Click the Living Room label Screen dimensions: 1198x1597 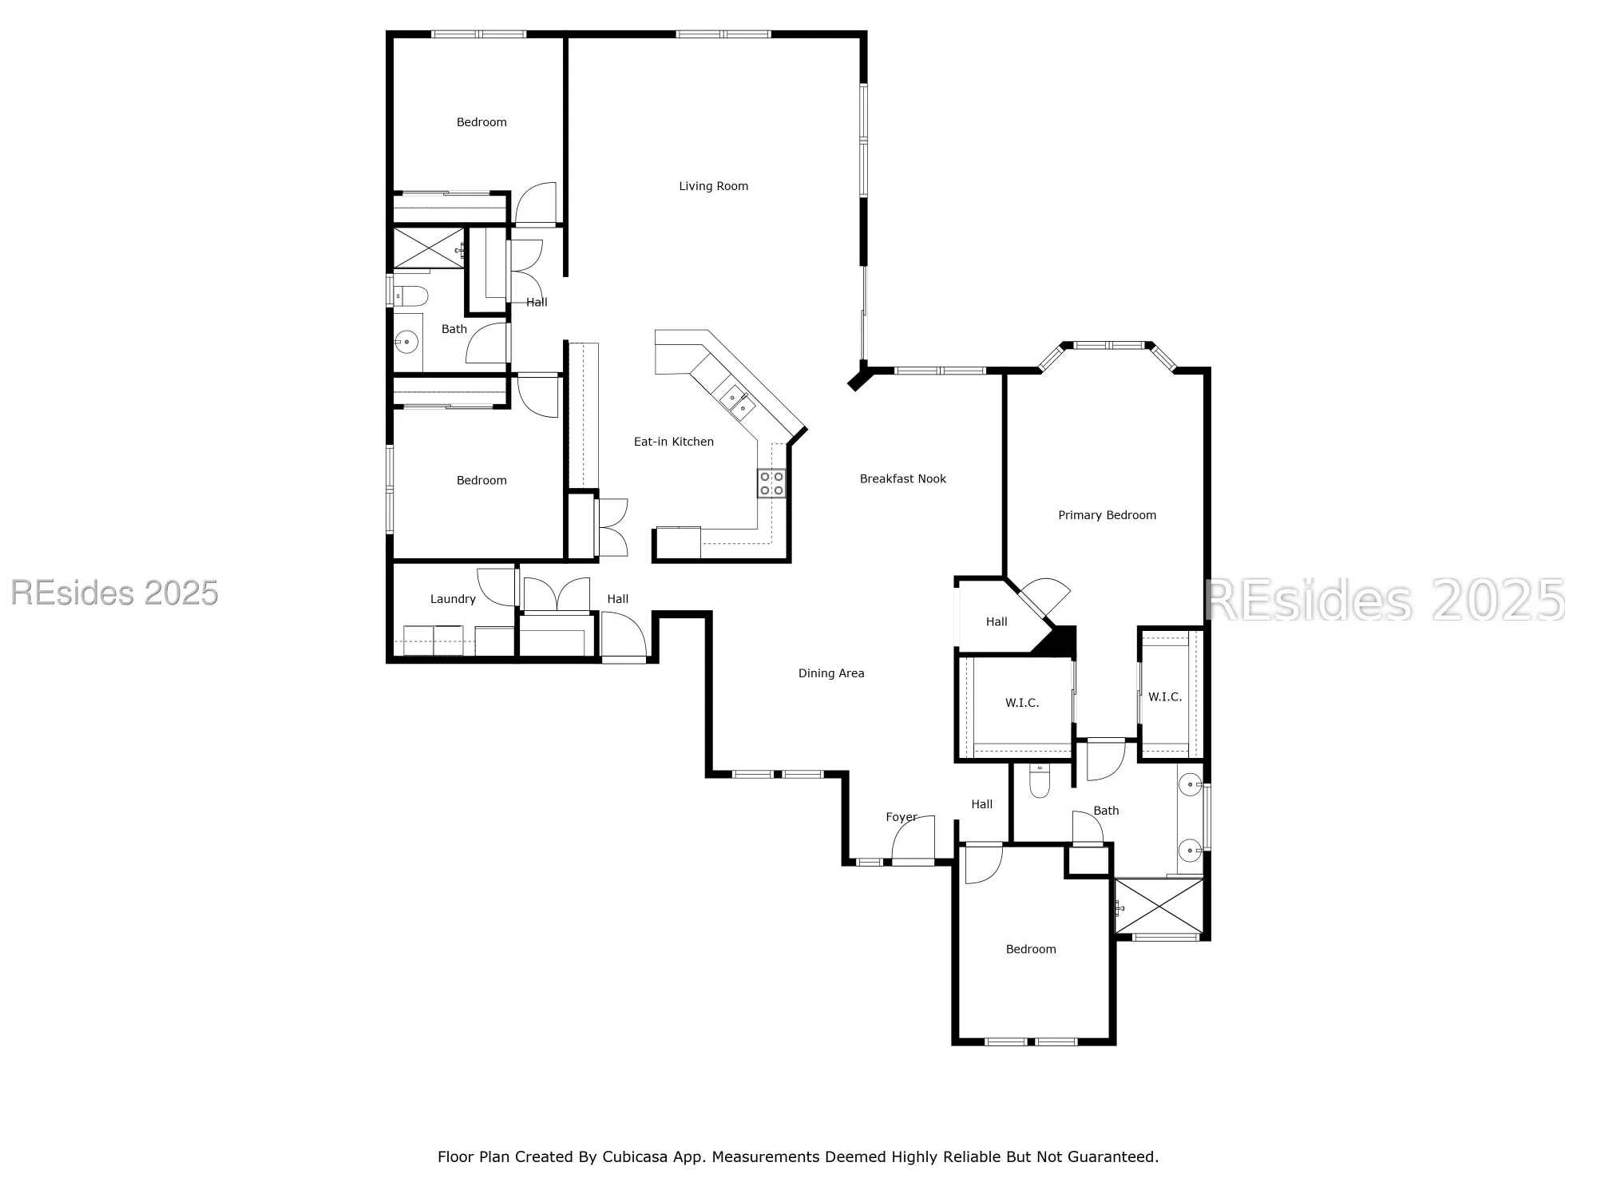pyautogui.click(x=713, y=186)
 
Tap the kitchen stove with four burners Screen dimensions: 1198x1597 pyautogui.click(x=771, y=483)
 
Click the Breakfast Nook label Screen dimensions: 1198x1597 pyautogui.click(x=902, y=479)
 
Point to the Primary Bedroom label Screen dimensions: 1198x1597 pyautogui.click(x=1107, y=515)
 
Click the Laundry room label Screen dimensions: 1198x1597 pyautogui.click(x=453, y=599)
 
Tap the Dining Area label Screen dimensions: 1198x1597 pyautogui.click(x=831, y=673)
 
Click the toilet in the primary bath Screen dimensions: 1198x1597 pyautogui.click(x=1039, y=781)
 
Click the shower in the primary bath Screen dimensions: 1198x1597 pyautogui.click(x=1159, y=906)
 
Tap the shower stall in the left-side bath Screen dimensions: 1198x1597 pyautogui.click(x=428, y=248)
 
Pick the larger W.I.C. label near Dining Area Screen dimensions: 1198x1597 pyautogui.click(x=1021, y=703)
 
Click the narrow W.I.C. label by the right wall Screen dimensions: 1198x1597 pyautogui.click(x=1164, y=697)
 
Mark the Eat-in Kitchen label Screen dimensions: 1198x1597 pyautogui.click(x=673, y=442)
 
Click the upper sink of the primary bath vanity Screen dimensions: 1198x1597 pyautogui.click(x=1191, y=785)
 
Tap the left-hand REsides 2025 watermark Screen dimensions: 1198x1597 pyautogui.click(x=114, y=593)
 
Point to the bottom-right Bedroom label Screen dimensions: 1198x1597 pyautogui.click(x=1030, y=949)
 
